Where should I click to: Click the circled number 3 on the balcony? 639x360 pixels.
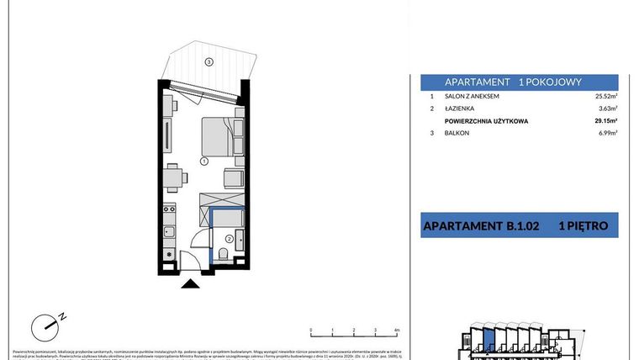point(209,61)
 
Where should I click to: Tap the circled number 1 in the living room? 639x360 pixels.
point(203,161)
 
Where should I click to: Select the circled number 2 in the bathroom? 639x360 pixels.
point(228,237)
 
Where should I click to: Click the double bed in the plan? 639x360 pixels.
point(217,136)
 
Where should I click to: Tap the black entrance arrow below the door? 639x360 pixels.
point(193,284)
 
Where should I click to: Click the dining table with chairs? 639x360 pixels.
point(174,177)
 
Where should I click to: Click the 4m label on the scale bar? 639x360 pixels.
point(396,331)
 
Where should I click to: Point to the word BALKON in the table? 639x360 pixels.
point(458,135)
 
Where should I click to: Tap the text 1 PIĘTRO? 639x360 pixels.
point(588,225)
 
